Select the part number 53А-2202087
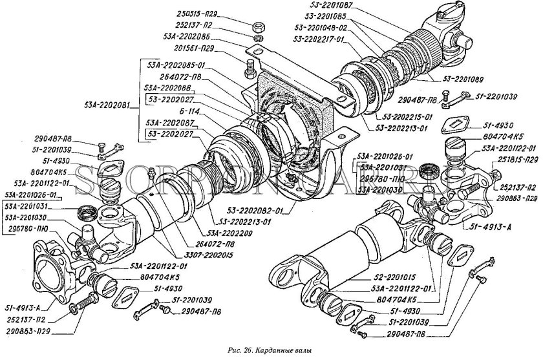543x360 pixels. tap(170, 122)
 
